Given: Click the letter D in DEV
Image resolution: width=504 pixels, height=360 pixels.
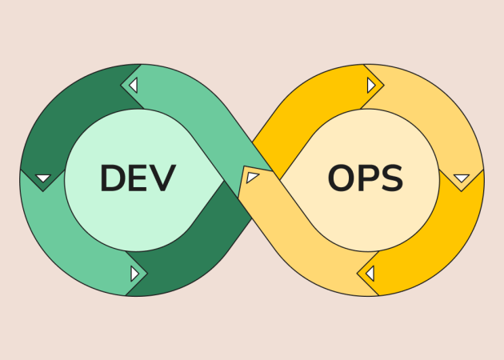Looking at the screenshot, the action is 113,178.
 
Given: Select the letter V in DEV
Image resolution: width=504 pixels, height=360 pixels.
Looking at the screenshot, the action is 163,178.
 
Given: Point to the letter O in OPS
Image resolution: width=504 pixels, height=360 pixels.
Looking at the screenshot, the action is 342,178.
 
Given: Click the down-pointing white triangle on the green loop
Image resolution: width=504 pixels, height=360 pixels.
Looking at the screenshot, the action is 43,178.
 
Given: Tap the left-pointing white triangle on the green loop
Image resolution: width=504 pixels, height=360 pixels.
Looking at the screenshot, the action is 134,85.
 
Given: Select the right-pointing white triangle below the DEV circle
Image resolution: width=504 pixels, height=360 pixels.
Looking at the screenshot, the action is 134,274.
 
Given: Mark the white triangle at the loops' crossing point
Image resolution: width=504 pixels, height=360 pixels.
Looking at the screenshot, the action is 252,177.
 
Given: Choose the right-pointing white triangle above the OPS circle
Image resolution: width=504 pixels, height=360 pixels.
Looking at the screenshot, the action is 371,85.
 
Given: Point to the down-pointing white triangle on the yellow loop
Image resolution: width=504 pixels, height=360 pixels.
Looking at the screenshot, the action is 462,178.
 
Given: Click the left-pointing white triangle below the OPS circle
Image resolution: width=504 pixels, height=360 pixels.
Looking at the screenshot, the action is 370,274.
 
